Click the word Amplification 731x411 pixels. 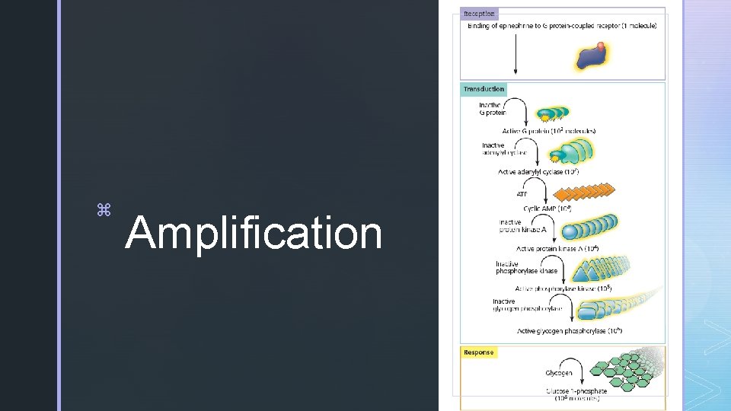(x=253, y=233)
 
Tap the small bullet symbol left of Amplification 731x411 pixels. (x=104, y=209)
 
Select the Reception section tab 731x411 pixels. (x=479, y=14)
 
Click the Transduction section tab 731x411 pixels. (x=484, y=89)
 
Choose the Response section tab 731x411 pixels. (x=479, y=352)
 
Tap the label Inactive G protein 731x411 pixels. (x=492, y=109)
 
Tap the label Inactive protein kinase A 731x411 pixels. (x=517, y=227)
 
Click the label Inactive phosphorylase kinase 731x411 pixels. (x=526, y=267)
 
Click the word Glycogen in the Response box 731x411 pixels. (x=558, y=373)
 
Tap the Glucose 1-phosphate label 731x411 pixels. (x=576, y=391)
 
